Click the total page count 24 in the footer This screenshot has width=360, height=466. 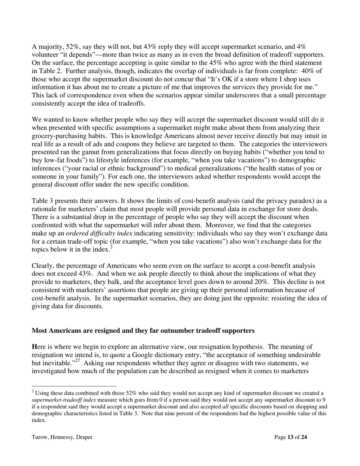(304, 437)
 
